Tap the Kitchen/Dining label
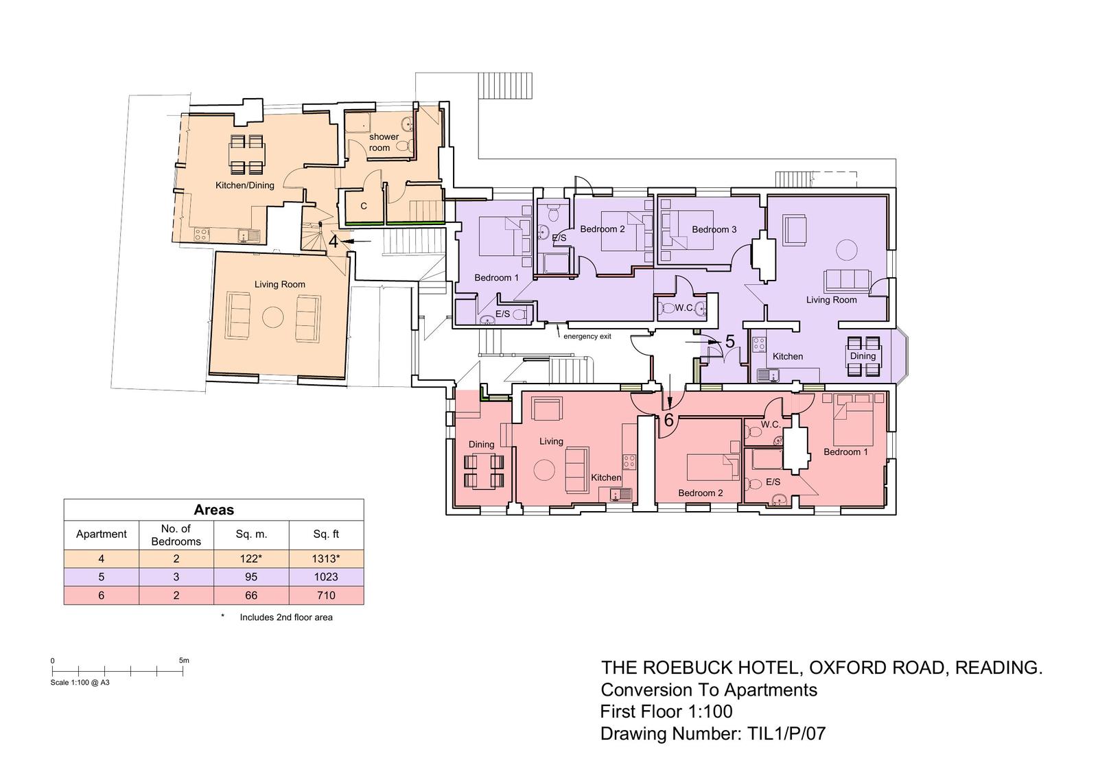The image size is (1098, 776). [x=244, y=185]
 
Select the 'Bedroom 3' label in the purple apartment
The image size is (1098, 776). [x=714, y=229]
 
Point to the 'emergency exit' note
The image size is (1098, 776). [x=587, y=336]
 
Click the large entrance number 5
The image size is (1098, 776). [x=730, y=342]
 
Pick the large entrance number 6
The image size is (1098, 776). [x=668, y=420]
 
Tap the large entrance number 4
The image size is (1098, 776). [x=334, y=242]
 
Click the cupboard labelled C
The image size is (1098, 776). [x=364, y=206]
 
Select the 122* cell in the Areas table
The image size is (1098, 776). [x=251, y=559]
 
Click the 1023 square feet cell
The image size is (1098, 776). [x=326, y=576]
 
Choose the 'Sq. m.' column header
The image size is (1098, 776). [x=251, y=534]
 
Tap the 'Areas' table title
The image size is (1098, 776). [x=213, y=510]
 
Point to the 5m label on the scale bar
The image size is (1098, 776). [x=184, y=660]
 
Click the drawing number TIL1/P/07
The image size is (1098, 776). [x=786, y=733]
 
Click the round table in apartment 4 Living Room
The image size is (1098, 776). [x=273, y=318]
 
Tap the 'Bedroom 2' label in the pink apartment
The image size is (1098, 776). [x=701, y=493]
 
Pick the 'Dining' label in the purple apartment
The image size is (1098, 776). [x=863, y=356]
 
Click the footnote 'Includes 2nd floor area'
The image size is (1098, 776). [x=285, y=618]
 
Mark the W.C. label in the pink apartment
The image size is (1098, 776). [x=771, y=425]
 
